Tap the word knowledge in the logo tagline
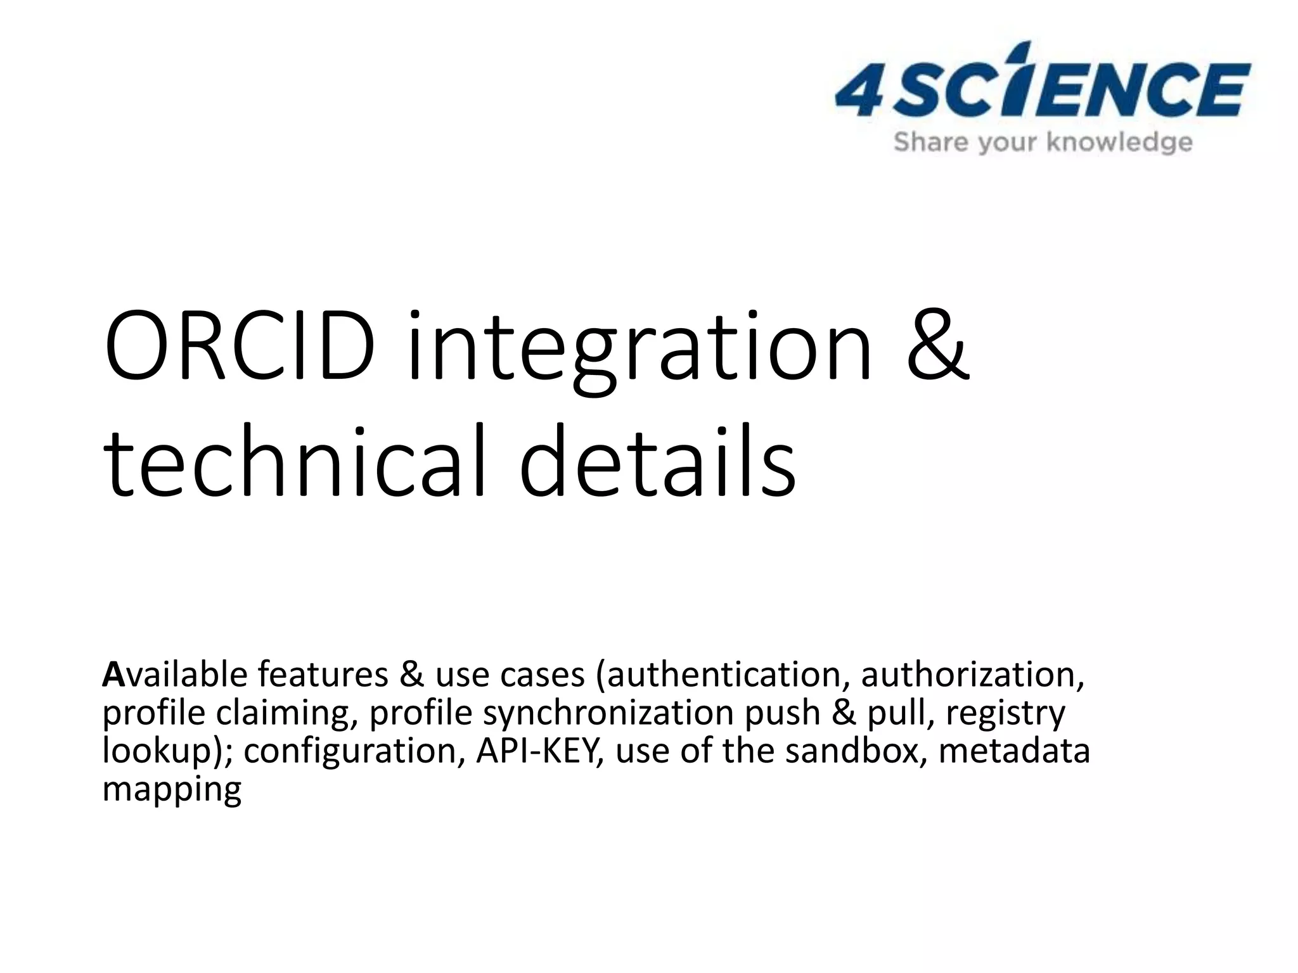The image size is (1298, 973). tap(1119, 143)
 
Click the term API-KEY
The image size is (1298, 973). tap(539, 751)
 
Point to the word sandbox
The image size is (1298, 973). tap(856, 751)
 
